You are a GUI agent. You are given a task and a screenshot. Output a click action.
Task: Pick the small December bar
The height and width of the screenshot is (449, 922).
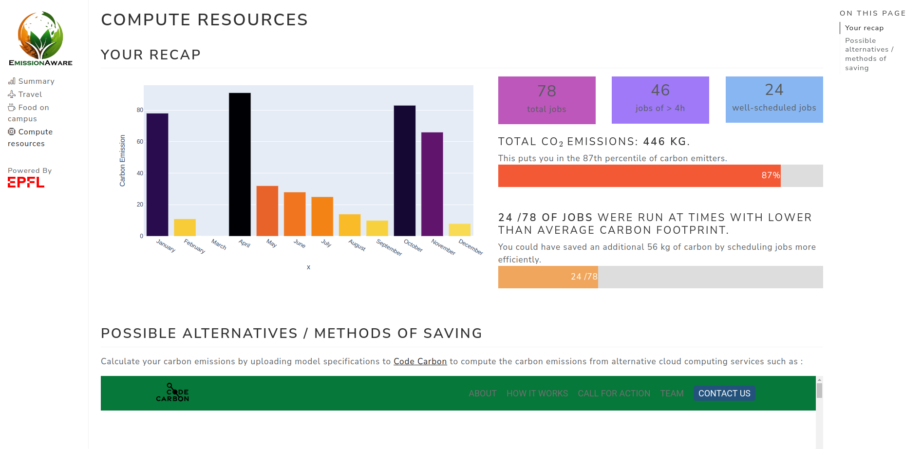coord(459,230)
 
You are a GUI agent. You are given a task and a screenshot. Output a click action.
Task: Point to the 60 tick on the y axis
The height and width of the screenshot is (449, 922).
coord(140,142)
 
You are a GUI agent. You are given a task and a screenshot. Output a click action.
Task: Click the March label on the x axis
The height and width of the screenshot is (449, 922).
coord(219,244)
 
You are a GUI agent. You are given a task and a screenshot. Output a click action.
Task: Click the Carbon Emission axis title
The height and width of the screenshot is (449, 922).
coord(123,161)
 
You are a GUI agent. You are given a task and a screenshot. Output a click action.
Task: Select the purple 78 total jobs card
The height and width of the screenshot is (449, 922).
coord(546,100)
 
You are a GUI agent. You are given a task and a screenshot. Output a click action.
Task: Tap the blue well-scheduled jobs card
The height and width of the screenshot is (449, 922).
coord(774,99)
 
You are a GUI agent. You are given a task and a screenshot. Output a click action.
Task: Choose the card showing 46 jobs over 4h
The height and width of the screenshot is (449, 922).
coord(660,100)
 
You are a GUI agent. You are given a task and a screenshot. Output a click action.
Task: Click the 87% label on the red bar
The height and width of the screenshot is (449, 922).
coord(771,175)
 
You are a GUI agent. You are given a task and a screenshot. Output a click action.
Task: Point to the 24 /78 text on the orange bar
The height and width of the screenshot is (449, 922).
coord(584,277)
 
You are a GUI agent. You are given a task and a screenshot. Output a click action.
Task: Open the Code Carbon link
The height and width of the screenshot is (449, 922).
coord(420,361)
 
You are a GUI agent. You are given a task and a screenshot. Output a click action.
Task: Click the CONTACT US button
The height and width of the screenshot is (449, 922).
coord(724,393)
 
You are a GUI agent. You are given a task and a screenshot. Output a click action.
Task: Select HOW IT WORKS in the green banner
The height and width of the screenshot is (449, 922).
coord(537,393)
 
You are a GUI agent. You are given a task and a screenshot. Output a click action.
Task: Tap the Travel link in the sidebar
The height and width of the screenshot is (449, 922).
coord(30,94)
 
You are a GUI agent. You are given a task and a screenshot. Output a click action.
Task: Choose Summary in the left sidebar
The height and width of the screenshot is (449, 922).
coord(36,81)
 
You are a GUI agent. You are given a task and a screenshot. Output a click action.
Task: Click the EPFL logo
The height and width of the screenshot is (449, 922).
coord(26,182)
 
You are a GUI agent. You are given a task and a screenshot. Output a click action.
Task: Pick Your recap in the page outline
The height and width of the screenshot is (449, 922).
coord(864,28)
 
